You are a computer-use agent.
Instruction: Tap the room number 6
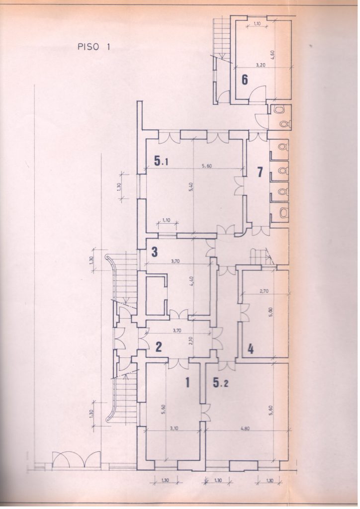click(245, 80)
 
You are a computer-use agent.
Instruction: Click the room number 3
click(155, 252)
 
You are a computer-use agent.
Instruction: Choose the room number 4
click(251, 349)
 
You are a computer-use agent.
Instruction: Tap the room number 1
click(188, 383)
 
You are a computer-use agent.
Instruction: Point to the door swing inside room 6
click(259, 93)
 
